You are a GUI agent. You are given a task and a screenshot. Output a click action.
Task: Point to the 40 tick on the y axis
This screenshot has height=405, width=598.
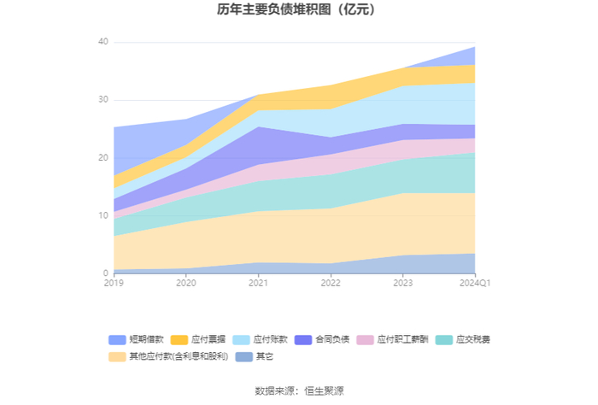[103, 42]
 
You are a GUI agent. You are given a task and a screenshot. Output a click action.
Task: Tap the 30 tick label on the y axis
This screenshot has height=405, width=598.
[103, 99]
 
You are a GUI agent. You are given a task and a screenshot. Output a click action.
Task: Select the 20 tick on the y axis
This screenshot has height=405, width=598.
[103, 157]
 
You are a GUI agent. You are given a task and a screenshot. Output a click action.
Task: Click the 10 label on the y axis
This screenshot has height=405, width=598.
[103, 215]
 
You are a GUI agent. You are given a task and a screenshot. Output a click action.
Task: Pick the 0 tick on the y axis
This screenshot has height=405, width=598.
[106, 273]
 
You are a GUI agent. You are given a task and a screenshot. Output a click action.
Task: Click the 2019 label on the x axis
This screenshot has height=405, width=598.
[114, 283]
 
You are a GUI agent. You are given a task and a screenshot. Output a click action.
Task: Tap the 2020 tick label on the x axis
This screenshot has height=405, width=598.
[186, 283]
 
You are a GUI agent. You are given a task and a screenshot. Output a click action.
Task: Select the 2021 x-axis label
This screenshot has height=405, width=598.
[258, 283]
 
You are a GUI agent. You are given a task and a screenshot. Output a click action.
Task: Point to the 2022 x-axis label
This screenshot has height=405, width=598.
[331, 283]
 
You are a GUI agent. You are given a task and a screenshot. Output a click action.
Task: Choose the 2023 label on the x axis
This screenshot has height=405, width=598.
[403, 283]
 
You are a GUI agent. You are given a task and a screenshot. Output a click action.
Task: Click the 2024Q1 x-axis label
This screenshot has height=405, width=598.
[475, 283]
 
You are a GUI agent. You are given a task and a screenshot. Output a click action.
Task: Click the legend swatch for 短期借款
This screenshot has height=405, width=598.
[117, 340]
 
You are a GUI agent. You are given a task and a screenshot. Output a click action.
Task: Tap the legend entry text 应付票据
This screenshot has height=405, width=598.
[208, 339]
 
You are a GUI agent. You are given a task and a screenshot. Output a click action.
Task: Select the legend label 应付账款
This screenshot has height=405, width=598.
[270, 339]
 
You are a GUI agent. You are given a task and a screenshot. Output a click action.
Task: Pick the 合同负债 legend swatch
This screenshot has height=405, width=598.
[303, 340]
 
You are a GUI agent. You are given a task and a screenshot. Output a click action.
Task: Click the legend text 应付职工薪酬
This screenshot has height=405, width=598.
[402, 339]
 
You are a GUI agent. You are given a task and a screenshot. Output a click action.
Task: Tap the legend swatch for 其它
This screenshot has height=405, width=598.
[244, 357]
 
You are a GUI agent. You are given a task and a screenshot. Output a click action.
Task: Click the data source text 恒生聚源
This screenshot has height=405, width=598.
[324, 390]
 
